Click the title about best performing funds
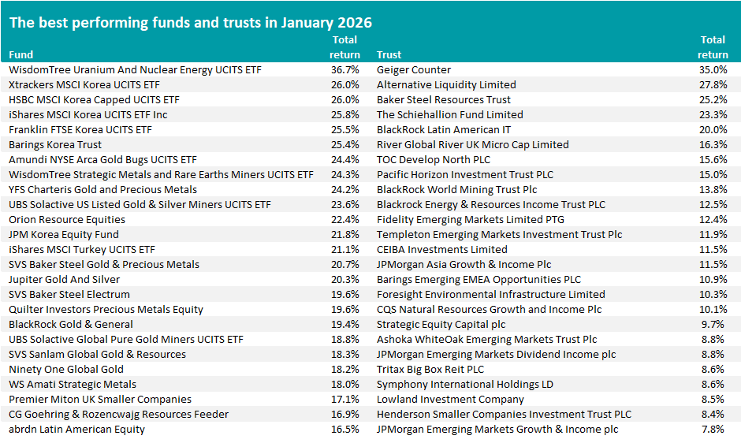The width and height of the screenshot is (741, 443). click(x=191, y=21)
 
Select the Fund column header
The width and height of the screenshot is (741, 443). click(x=21, y=55)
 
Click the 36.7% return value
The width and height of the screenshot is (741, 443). click(x=345, y=70)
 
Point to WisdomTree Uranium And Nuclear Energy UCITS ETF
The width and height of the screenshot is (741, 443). click(x=135, y=70)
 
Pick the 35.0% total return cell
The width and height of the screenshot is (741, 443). click(x=713, y=70)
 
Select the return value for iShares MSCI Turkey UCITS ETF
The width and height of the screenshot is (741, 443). click(x=345, y=250)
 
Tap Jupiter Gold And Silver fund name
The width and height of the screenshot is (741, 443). click(x=65, y=280)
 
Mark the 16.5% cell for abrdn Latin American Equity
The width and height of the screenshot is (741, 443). click(x=345, y=430)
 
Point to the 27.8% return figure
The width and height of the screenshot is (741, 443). click(x=713, y=85)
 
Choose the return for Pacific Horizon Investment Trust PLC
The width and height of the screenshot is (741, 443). click(x=713, y=175)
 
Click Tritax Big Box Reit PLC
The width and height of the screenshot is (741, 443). click(x=430, y=370)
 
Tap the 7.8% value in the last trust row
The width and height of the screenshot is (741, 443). click(x=715, y=430)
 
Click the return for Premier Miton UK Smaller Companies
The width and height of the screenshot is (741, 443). click(x=345, y=400)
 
